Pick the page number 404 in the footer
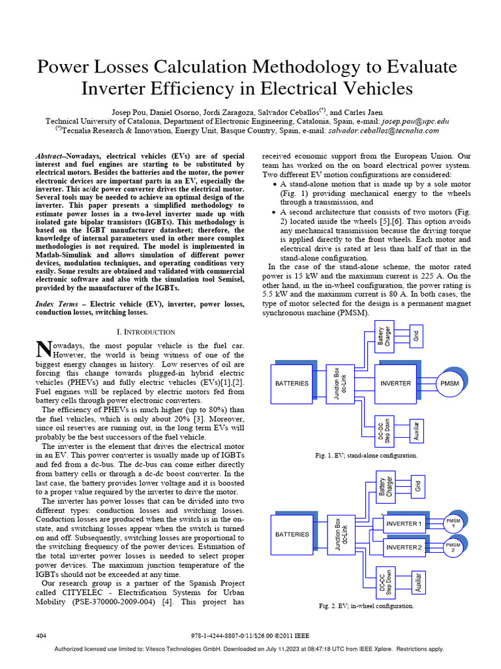(40, 635)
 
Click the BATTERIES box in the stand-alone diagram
(292, 383)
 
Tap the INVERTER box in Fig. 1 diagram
(395, 383)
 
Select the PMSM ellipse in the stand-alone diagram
(450, 383)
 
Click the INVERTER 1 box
(404, 523)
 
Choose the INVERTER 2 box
(404, 546)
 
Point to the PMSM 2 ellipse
(453, 546)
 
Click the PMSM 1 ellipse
(453, 523)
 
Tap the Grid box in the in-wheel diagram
(419, 486)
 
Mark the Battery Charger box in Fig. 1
(384, 338)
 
